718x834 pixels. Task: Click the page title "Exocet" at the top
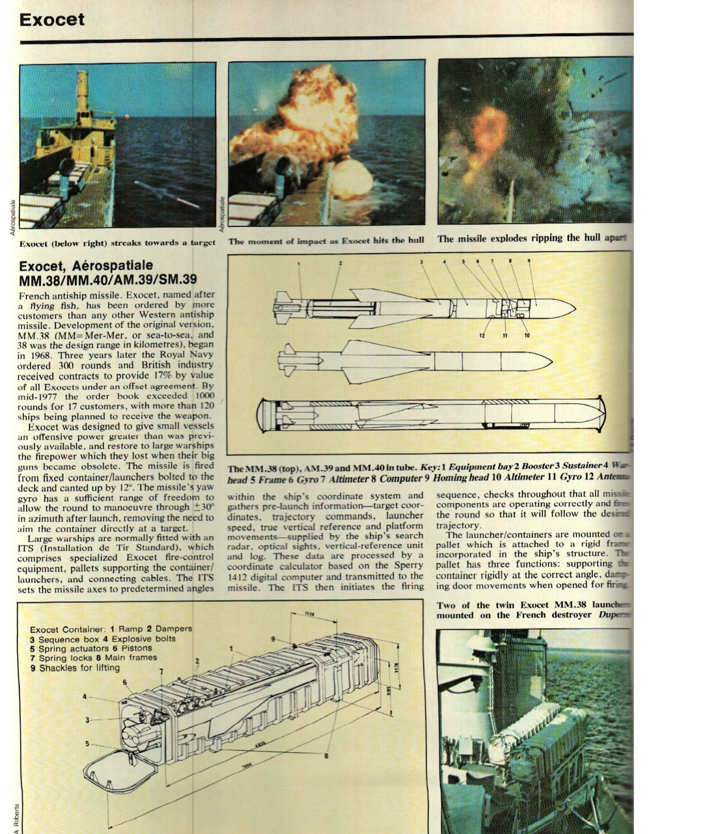52,20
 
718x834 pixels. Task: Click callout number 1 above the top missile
299,264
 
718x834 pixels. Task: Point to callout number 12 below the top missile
482,335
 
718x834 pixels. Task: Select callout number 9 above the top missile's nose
529,261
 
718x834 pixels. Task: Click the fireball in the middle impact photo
302,120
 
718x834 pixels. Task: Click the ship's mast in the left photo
82,94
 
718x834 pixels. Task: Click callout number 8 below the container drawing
326,756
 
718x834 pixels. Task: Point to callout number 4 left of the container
84,696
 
